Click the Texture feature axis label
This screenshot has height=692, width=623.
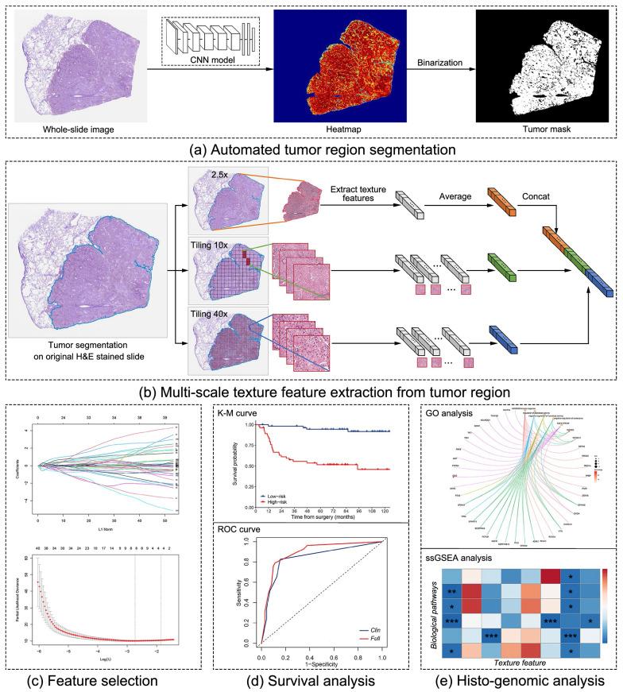point(528,660)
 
